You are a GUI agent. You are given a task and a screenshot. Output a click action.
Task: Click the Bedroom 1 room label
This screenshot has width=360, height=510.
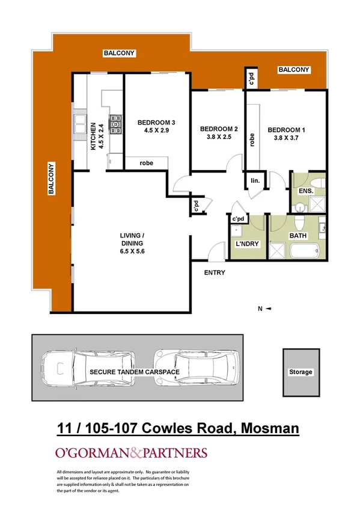point(286,130)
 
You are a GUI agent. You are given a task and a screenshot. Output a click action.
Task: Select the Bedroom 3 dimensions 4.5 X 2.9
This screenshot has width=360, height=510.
point(146,128)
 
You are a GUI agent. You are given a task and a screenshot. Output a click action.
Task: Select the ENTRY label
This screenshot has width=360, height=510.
point(215,272)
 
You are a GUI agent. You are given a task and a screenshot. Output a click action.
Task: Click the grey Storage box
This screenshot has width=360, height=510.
point(301,372)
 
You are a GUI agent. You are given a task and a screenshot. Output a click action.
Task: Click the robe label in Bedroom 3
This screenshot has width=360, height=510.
point(146,162)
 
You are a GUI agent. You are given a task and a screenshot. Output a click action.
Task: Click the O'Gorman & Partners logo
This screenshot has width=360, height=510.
point(131,453)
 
